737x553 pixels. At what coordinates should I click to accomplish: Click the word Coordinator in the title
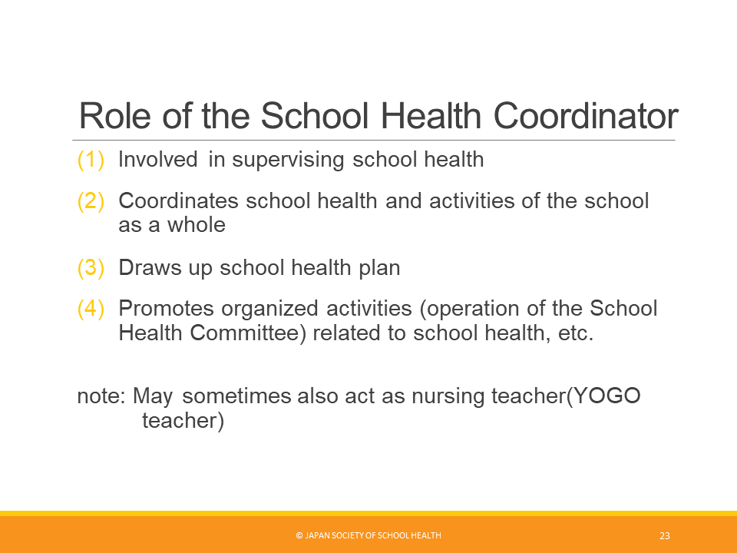(586, 116)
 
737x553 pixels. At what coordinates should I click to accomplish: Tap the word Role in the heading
(114, 116)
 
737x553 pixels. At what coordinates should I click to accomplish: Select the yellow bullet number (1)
(91, 160)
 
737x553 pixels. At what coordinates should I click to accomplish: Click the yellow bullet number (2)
(91, 200)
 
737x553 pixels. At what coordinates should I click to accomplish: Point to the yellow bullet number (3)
(91, 267)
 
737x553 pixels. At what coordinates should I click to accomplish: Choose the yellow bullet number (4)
(91, 309)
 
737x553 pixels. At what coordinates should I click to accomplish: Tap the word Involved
(158, 160)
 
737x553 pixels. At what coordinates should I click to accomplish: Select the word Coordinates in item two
(179, 200)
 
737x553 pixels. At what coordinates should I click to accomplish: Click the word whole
(197, 225)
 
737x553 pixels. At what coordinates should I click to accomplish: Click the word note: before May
(101, 396)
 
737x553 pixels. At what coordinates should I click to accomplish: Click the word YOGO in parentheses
(607, 396)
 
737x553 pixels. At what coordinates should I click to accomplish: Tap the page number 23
(665, 535)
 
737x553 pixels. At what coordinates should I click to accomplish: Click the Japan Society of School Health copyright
(368, 535)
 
